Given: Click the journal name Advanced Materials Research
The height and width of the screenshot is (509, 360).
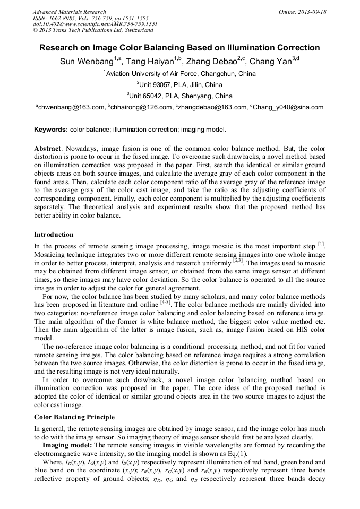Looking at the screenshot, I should (69, 12).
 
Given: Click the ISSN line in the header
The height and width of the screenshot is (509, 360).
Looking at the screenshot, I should (90, 18).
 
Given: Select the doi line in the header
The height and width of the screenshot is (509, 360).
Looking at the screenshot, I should (95, 24).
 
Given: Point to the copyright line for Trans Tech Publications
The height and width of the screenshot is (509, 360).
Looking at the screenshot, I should (93, 30).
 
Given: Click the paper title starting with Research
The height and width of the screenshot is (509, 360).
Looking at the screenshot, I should (179, 48).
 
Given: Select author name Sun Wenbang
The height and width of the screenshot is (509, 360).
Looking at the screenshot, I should (87, 62).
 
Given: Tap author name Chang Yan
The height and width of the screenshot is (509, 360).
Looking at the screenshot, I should (270, 62).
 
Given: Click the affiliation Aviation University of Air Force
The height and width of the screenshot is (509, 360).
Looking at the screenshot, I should (181, 74).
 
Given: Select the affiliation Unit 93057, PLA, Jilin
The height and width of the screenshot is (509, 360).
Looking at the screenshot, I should (181, 85).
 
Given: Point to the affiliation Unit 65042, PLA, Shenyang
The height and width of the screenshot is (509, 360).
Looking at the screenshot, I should (181, 96).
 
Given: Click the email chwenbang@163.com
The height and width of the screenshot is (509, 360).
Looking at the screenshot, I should (71, 107).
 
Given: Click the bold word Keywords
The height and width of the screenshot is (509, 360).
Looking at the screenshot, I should (51, 130).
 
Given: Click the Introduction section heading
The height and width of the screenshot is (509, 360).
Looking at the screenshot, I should (54, 235).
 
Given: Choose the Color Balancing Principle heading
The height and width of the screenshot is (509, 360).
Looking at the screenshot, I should (74, 417).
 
